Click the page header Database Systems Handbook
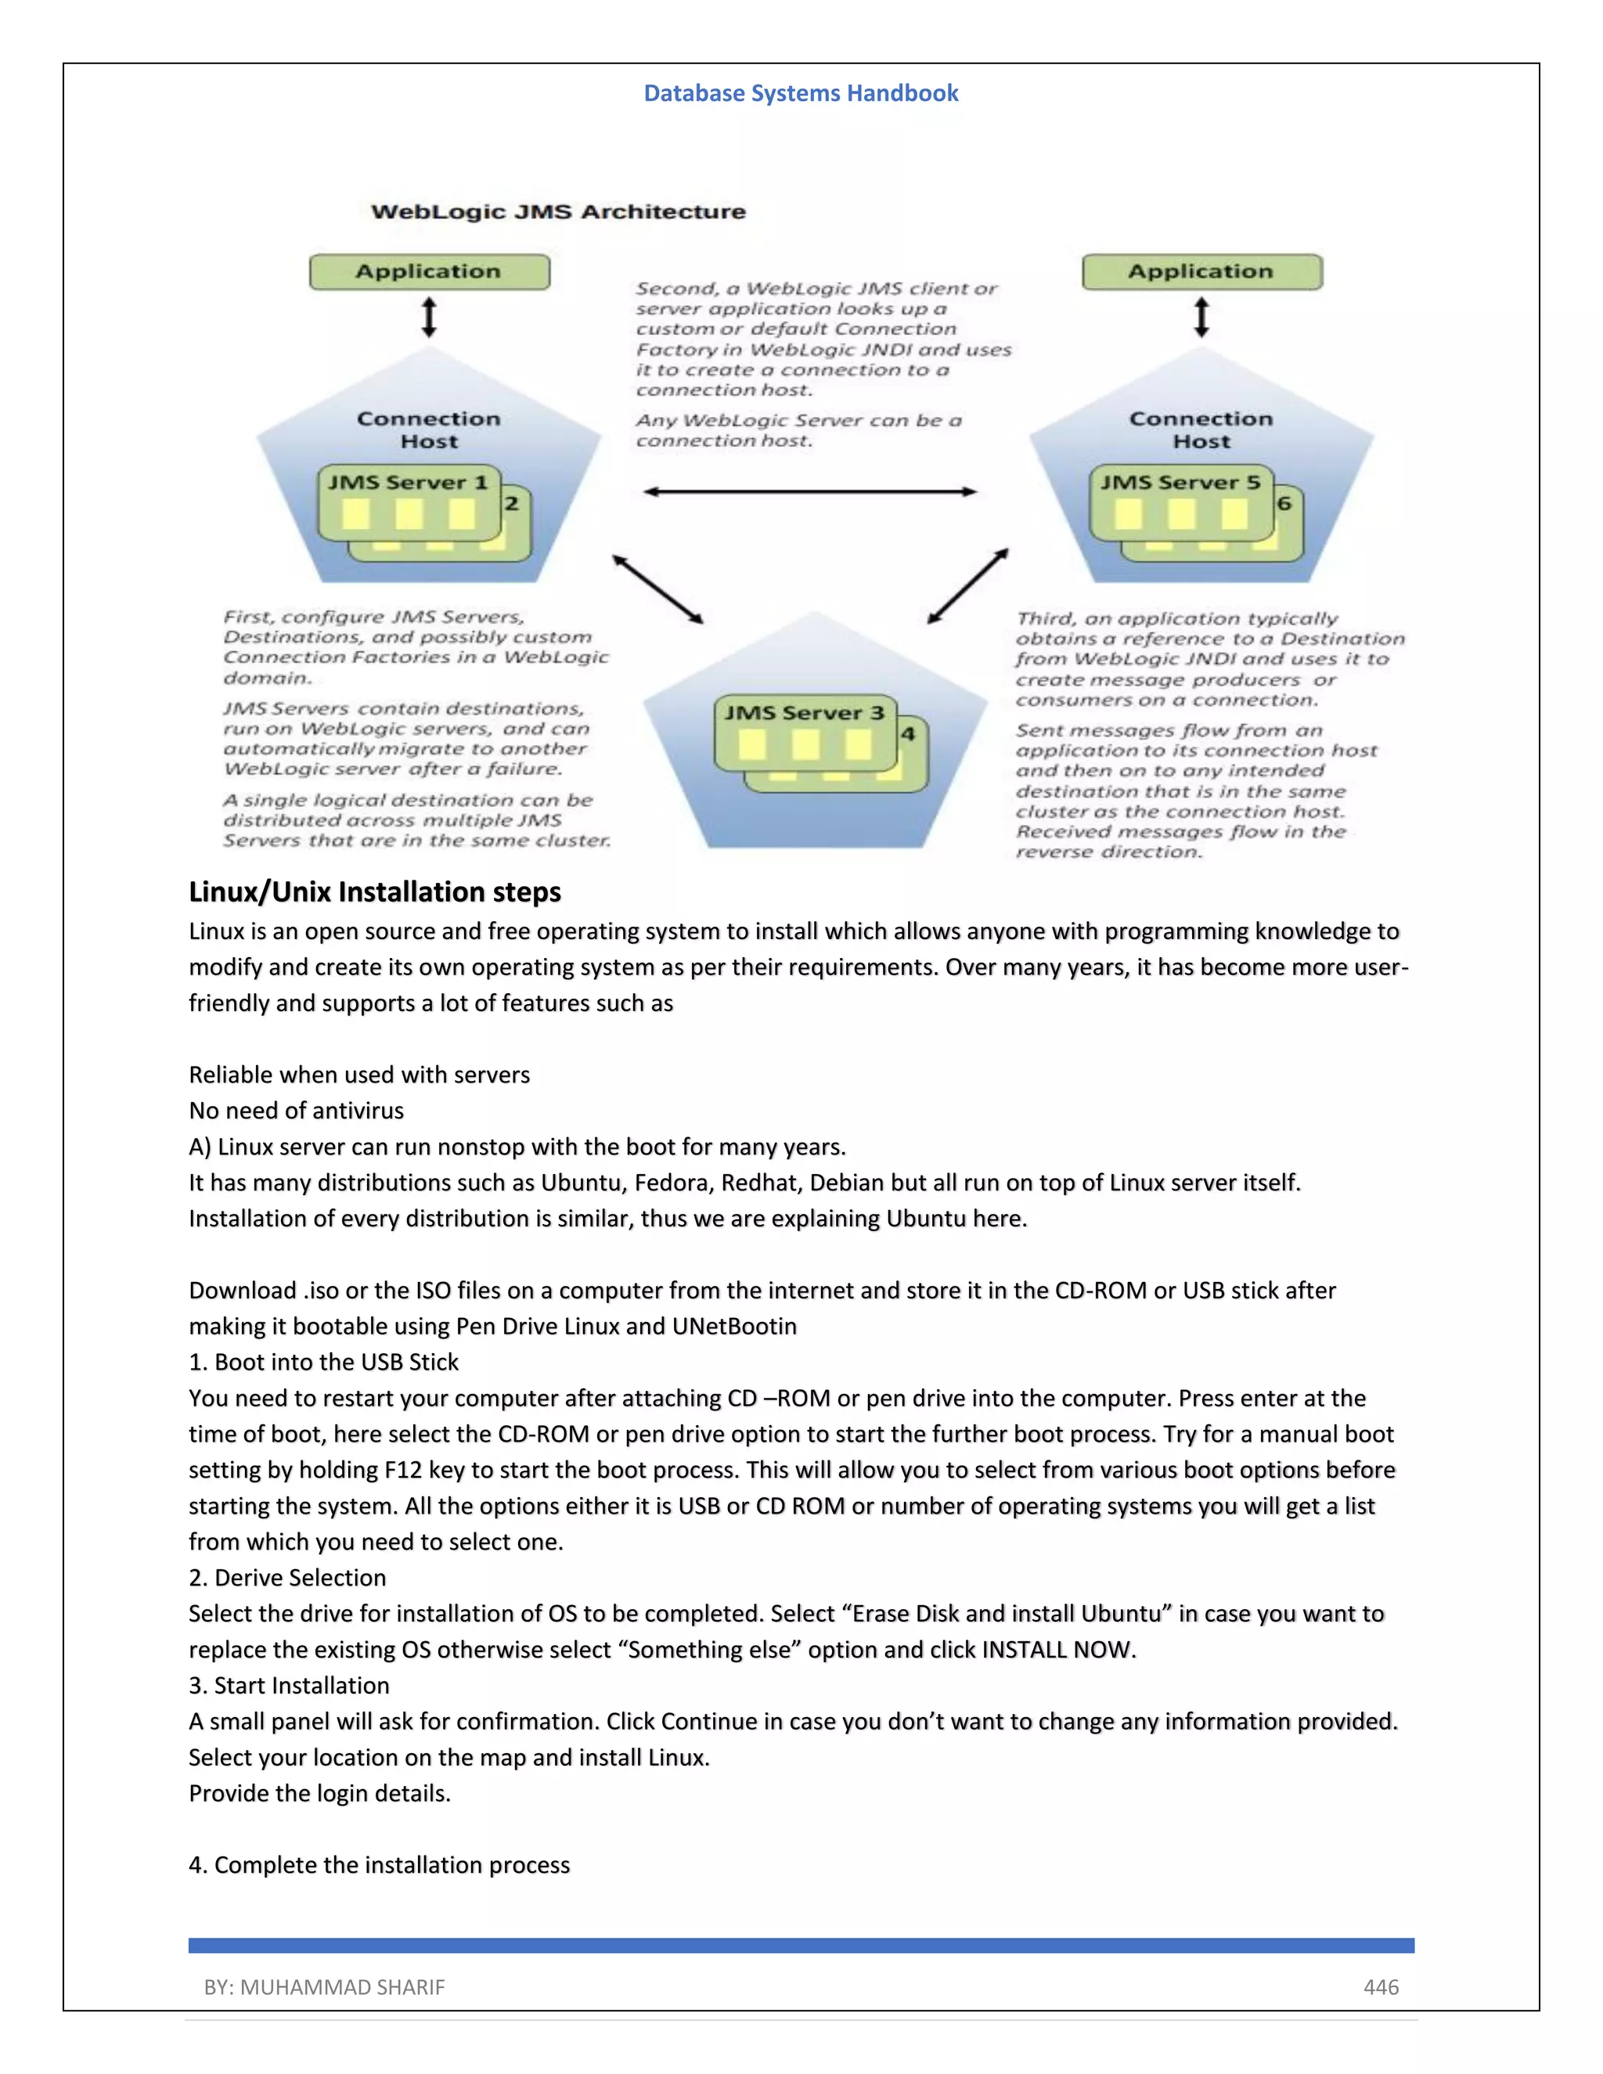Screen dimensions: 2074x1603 pyautogui.click(x=801, y=93)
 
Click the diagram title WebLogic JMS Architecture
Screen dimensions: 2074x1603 pyautogui.click(x=557, y=212)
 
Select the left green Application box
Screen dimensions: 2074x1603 pyautogui.click(x=428, y=272)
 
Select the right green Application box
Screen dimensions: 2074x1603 pyautogui.click(x=1201, y=272)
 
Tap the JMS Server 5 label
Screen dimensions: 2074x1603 pyautogui.click(x=1180, y=482)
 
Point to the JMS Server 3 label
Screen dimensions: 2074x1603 pyautogui.click(x=805, y=713)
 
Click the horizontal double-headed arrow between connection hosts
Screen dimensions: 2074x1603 pyautogui.click(x=809, y=492)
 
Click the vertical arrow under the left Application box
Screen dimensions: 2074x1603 pyautogui.click(x=429, y=317)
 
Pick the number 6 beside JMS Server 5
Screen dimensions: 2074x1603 pyautogui.click(x=1284, y=504)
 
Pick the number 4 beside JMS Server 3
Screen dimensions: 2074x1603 pyautogui.click(x=908, y=734)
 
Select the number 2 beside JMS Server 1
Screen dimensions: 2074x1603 pyautogui.click(x=512, y=504)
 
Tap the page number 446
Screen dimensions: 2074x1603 pyautogui.click(x=1381, y=1986)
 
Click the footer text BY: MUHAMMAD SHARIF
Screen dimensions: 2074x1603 pyautogui.click(x=324, y=1986)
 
